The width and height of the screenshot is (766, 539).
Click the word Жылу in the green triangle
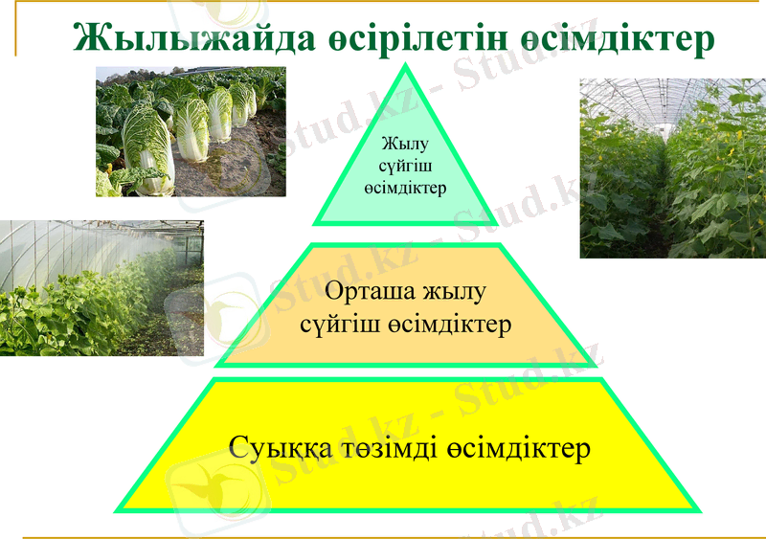click(405, 145)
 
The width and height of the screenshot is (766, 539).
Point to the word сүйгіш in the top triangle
click(405, 166)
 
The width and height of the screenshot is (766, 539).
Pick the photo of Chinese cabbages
click(191, 131)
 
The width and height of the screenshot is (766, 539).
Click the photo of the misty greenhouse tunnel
click(101, 287)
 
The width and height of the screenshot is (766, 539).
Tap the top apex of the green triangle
click(406, 67)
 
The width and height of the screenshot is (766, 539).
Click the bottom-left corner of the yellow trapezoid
click(119, 508)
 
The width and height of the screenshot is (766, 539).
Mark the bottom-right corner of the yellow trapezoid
click(697, 508)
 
